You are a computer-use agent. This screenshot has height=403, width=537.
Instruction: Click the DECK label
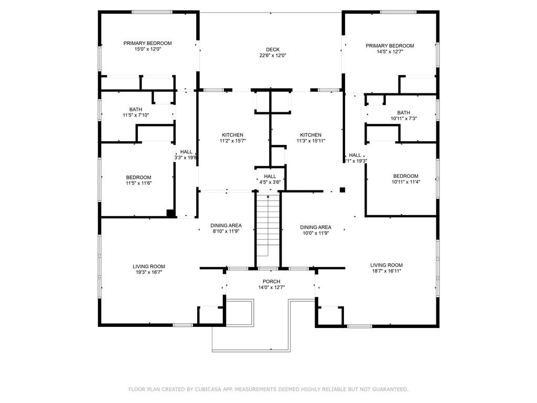(268, 49)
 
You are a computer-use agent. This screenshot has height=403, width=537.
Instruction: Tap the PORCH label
(271, 282)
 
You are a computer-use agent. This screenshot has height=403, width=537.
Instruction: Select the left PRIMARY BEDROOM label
(147, 43)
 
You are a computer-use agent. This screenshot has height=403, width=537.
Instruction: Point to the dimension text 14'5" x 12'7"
(390, 52)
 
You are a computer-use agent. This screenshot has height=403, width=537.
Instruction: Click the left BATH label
(136, 109)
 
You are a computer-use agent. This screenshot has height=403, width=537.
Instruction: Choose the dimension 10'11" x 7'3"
(403, 119)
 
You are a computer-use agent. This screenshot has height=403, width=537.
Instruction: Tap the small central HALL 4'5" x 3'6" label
(270, 176)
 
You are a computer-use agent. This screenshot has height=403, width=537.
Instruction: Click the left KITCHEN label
(232, 135)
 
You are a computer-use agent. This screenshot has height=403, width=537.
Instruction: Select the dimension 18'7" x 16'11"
(386, 271)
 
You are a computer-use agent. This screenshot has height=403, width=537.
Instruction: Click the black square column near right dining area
(342, 190)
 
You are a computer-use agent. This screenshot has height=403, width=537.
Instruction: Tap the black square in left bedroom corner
(170, 213)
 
